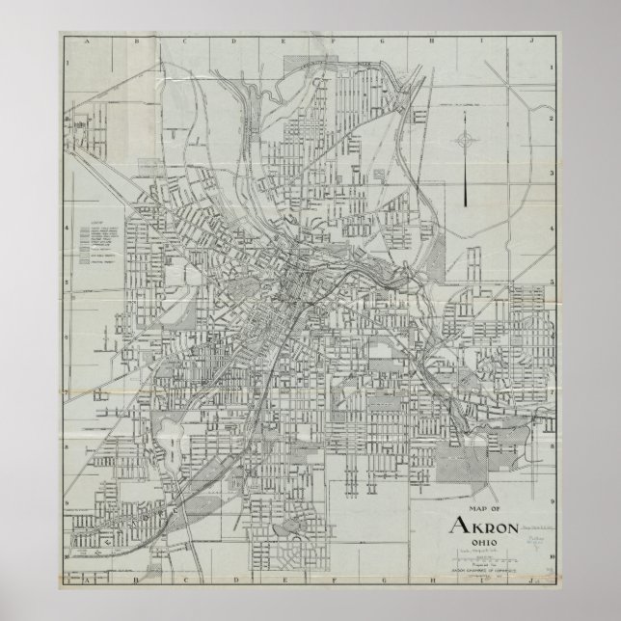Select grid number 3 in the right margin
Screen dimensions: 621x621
click(x=550, y=174)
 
